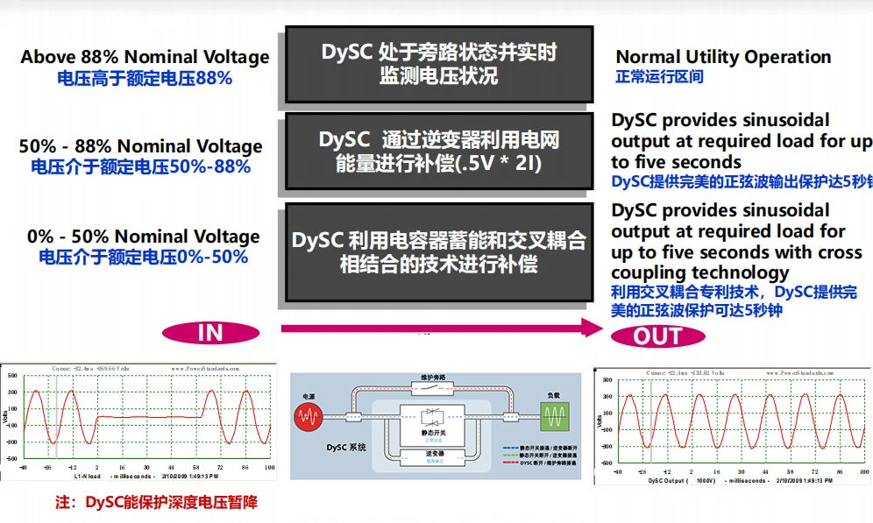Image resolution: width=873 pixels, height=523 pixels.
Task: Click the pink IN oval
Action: click(211, 332)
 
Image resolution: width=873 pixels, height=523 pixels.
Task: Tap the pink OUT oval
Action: click(657, 336)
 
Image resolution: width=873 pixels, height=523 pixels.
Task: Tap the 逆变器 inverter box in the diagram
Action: click(436, 456)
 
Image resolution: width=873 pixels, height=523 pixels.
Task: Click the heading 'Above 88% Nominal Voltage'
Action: click(145, 57)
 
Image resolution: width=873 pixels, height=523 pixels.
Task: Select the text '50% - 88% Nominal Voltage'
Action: click(140, 146)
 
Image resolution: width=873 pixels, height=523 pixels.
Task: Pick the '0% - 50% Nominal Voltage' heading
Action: click(144, 237)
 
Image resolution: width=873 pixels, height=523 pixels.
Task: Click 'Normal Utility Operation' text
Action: click(723, 57)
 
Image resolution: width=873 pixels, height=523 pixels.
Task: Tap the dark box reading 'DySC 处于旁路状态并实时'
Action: click(438, 64)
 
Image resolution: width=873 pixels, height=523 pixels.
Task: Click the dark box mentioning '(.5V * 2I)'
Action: click(438, 151)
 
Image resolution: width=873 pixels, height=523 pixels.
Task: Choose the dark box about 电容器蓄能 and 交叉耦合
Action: click(438, 251)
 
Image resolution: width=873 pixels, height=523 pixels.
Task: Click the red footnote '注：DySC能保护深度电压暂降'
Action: click(157, 502)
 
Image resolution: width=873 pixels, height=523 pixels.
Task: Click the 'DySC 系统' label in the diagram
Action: click(342, 448)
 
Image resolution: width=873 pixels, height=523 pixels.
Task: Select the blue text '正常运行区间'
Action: click(659, 77)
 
